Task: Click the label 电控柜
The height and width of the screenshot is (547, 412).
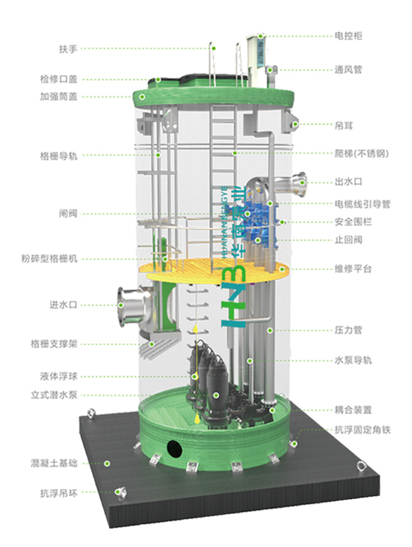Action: (348, 36)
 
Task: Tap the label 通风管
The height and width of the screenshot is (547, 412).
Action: (348, 70)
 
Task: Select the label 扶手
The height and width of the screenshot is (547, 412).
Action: (67, 49)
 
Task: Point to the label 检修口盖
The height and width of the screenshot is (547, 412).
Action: (58, 79)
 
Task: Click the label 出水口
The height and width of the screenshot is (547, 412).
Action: (348, 182)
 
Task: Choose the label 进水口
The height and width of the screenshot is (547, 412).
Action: (62, 304)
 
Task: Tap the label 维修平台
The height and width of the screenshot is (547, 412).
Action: (353, 269)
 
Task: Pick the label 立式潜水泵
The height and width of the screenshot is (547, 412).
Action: (54, 395)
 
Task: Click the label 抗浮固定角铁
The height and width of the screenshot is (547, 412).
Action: (362, 429)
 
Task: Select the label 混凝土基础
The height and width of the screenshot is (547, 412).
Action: (54, 463)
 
